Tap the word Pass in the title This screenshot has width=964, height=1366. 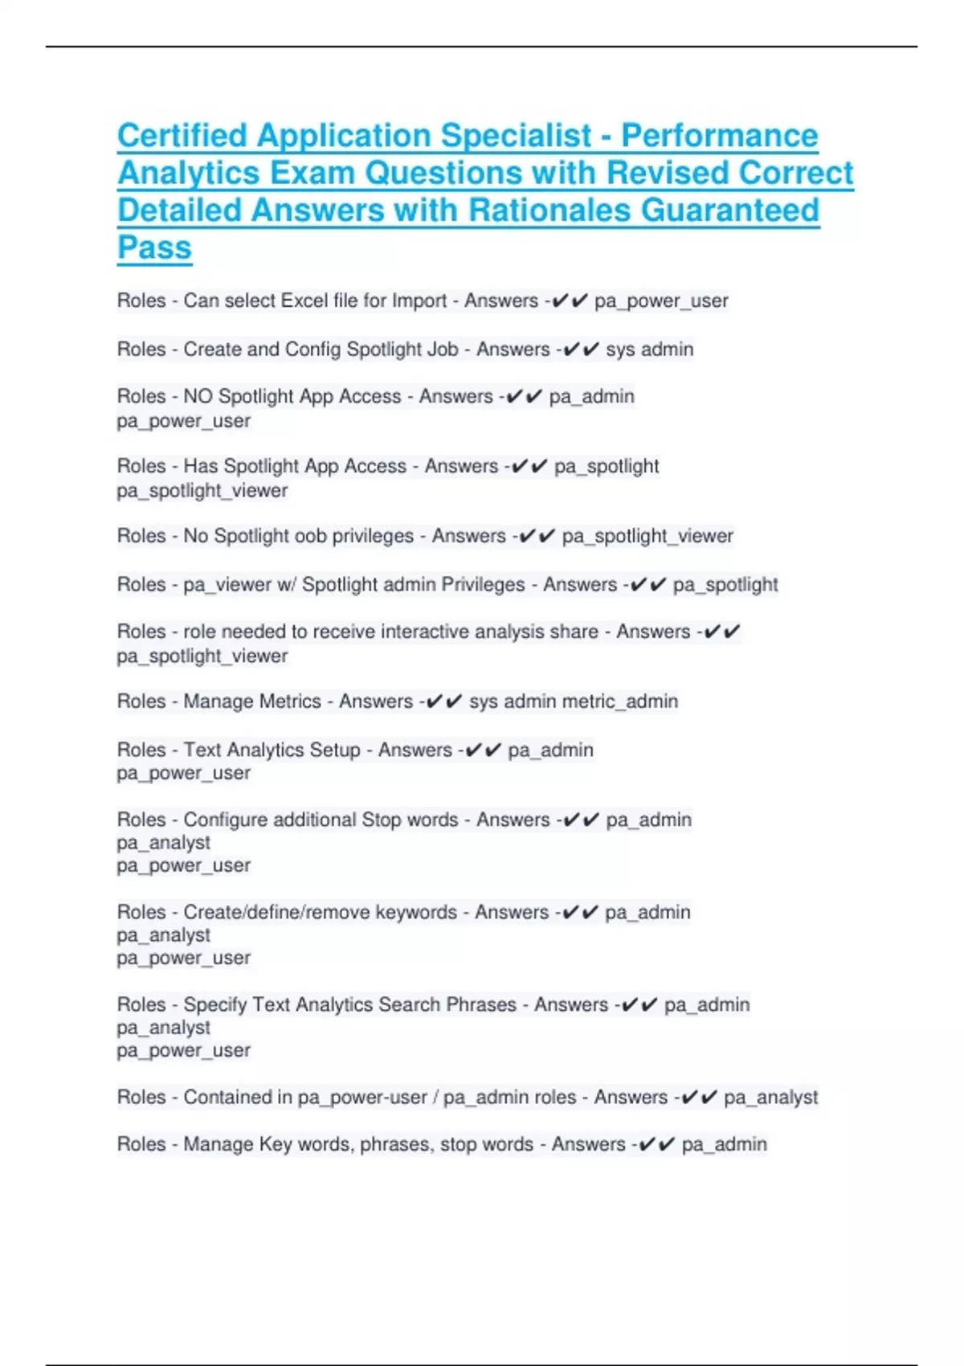[154, 247]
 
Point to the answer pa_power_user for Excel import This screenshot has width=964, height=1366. [661, 301]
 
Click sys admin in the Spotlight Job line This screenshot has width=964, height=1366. [649, 350]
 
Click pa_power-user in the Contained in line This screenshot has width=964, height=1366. [362, 1098]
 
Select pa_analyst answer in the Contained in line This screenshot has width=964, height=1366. [770, 1098]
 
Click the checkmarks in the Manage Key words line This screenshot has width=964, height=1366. [656, 1144]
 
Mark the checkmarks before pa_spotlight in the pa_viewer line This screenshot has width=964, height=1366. [648, 585]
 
